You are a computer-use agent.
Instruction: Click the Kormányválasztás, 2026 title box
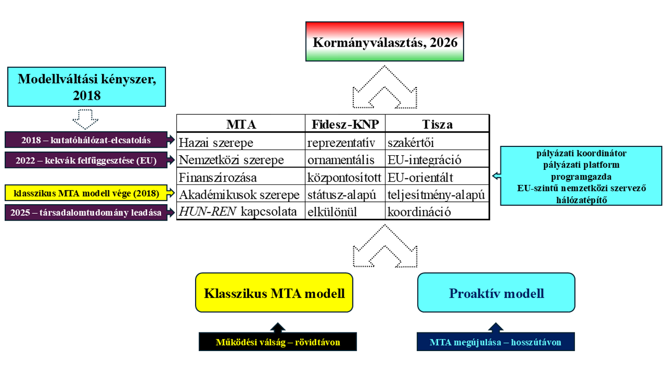point(385,41)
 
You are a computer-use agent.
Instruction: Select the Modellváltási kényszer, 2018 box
point(87,86)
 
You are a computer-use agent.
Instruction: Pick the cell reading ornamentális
point(341,160)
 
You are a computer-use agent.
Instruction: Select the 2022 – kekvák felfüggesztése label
point(86,160)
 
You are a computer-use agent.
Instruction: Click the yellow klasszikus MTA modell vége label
point(86,193)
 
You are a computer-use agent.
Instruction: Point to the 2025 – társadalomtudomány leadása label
point(86,213)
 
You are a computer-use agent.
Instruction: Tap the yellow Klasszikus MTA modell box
point(274,293)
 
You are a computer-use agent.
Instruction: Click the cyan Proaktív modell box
point(496,293)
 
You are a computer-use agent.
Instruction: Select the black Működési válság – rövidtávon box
point(277,342)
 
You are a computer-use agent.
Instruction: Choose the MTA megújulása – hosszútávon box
point(495,342)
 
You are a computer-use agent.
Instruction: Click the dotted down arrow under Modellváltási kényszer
point(86,118)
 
